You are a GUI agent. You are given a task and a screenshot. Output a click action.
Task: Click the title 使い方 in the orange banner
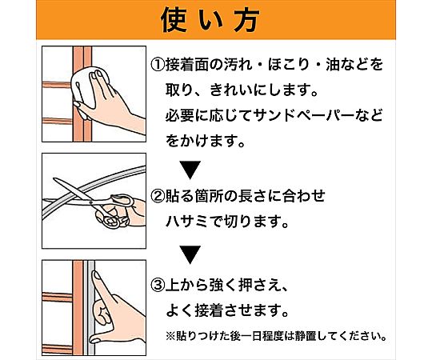click(x=210, y=20)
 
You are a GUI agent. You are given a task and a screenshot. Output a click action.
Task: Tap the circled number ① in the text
click(x=158, y=65)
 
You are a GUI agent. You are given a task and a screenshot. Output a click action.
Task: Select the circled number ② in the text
click(x=158, y=196)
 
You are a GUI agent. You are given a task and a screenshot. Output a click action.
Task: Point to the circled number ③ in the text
click(x=158, y=286)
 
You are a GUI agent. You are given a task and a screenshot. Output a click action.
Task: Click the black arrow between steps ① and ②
click(x=190, y=170)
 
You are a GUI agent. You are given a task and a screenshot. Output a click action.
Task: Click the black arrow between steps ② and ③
click(x=190, y=254)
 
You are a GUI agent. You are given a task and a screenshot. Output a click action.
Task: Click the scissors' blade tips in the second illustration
click(x=54, y=179)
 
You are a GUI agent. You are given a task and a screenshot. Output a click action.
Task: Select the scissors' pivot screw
click(x=91, y=202)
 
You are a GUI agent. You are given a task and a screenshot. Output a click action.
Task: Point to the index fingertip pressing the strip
click(x=97, y=275)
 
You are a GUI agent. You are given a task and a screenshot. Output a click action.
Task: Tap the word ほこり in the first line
click(x=289, y=65)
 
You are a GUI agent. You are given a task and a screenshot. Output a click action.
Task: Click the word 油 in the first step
click(x=333, y=65)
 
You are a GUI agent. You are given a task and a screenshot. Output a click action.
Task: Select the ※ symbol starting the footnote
click(x=170, y=336)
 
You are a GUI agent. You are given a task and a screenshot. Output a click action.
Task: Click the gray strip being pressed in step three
click(x=89, y=307)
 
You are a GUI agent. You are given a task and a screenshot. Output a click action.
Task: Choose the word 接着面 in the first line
click(x=186, y=65)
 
